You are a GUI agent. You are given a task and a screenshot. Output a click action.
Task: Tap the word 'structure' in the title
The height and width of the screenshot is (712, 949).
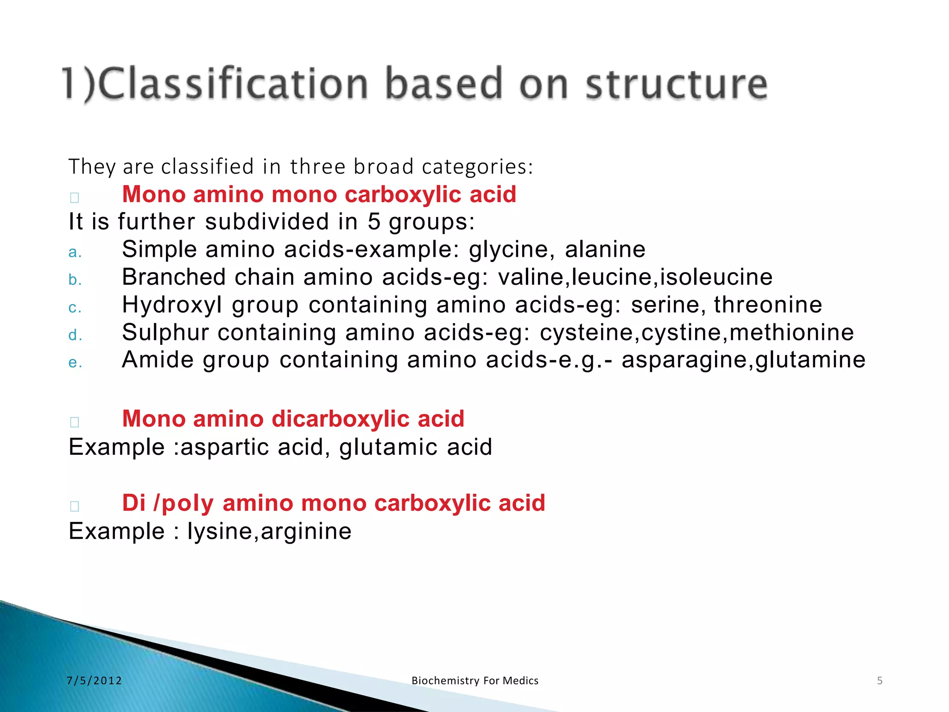(x=677, y=84)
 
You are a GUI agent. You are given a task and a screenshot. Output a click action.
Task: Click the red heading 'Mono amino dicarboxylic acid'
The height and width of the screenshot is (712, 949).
(x=293, y=419)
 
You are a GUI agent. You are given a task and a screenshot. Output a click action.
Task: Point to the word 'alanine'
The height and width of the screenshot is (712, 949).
(x=605, y=249)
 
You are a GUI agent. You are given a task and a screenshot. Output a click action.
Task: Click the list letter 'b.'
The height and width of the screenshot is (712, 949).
(x=75, y=280)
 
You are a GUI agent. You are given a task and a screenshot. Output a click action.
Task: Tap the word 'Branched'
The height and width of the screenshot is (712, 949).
(x=174, y=277)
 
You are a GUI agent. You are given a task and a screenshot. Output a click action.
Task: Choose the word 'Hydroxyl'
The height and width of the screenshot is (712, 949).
(x=172, y=305)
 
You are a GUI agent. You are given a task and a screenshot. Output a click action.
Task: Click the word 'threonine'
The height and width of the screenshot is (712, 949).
(x=768, y=305)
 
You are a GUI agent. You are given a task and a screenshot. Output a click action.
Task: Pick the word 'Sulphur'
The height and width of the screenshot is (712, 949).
(x=165, y=333)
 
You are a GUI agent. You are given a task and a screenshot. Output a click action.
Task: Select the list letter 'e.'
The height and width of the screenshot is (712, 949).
(x=75, y=362)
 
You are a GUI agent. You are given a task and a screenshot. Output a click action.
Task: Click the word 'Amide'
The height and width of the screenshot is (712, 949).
(x=158, y=360)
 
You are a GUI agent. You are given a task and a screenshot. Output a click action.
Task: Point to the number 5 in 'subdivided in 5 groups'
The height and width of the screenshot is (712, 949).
(x=374, y=222)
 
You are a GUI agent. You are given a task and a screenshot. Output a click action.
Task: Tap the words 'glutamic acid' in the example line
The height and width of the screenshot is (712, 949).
(x=415, y=447)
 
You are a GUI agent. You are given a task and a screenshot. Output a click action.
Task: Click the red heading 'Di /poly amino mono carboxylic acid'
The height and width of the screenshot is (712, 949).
(x=333, y=503)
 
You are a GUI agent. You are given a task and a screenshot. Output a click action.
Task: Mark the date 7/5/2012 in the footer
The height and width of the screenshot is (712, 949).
(x=94, y=680)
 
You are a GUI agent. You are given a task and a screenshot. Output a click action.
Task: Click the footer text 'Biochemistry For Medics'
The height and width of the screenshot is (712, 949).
(x=474, y=680)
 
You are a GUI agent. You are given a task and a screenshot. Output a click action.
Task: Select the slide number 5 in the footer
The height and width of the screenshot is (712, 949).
(x=879, y=680)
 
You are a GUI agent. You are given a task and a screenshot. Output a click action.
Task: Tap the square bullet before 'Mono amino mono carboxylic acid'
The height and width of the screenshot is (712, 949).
(x=75, y=197)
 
